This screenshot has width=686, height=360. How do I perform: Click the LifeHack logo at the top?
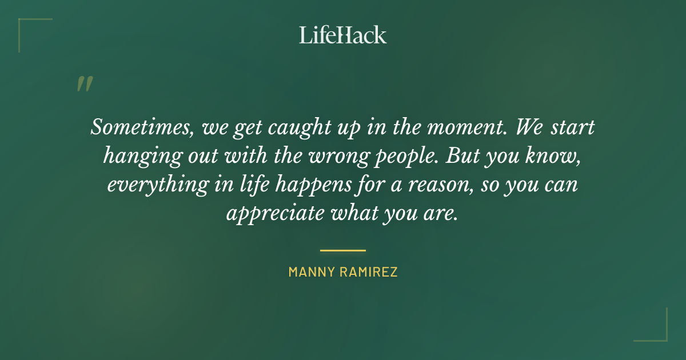[x=343, y=35]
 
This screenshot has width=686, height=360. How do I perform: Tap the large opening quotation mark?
[x=84, y=84]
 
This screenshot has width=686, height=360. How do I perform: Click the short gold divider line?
[x=343, y=250]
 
